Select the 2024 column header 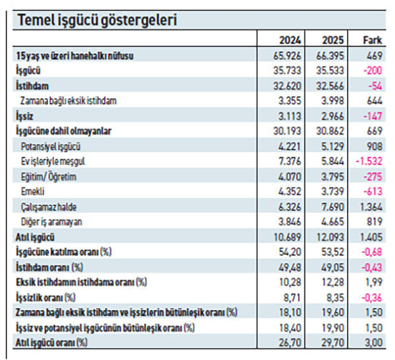[x=292, y=40]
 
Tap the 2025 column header [x=334, y=40]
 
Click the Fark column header [x=373, y=40]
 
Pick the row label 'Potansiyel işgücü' [x=52, y=146]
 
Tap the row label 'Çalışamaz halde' [x=48, y=207]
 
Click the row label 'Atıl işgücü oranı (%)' [x=51, y=342]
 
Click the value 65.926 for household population [x=290, y=56]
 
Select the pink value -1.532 [x=370, y=161]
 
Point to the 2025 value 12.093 [x=332, y=236]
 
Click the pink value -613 [x=373, y=191]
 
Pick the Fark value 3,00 [x=373, y=342]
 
